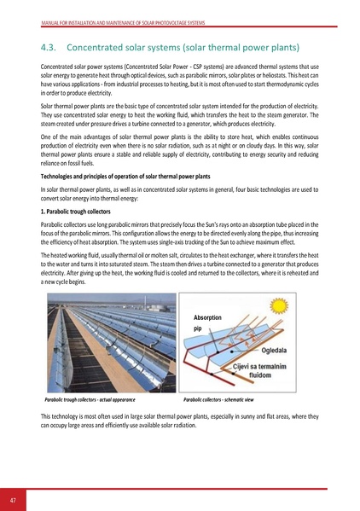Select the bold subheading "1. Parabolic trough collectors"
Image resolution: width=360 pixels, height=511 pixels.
coord(76,209)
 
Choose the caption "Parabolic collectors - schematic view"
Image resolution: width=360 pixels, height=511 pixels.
coord(227,399)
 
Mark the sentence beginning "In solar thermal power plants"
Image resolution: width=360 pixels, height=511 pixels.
coord(179,191)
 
